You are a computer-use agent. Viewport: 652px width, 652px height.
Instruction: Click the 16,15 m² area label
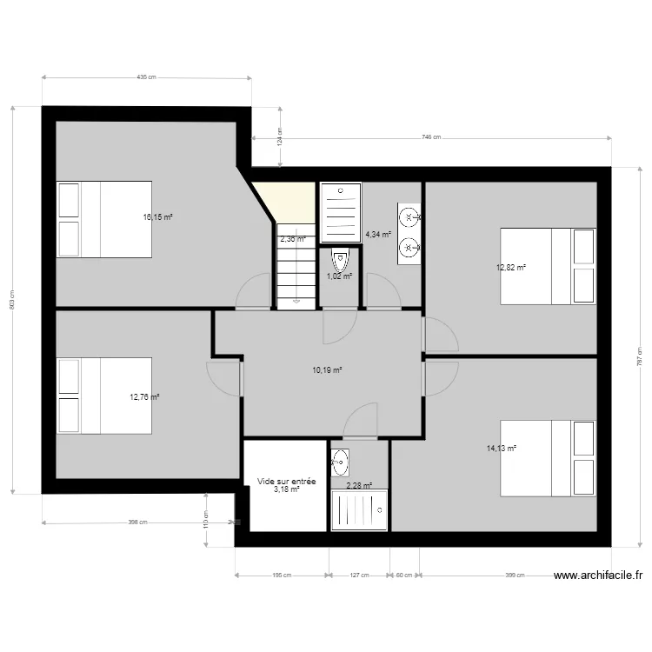pos(157,217)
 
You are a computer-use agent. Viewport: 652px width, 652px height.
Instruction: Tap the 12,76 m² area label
pos(144,397)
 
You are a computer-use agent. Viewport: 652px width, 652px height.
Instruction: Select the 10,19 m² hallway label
pos(327,369)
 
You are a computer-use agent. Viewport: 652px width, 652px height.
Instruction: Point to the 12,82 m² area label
pos(511,268)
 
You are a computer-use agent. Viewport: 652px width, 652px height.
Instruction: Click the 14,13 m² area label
pos(502,449)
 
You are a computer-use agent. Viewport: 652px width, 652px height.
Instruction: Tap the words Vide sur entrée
pos(286,481)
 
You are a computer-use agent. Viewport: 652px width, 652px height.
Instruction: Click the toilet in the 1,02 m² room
pos(339,260)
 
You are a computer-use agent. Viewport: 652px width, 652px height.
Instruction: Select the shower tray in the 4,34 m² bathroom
pos(340,213)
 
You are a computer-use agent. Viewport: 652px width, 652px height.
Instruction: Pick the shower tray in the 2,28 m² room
pos(359,509)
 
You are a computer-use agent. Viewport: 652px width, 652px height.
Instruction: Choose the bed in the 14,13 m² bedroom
pos(549,458)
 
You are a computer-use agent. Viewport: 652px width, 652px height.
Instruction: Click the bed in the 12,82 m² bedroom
pos(549,266)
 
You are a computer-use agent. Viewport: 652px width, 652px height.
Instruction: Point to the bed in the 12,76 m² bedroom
pos(104,396)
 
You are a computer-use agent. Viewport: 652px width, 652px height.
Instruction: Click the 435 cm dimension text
pos(146,77)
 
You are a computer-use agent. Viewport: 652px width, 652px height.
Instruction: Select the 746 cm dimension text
pos(431,137)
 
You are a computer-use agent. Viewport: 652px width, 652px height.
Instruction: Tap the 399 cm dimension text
pos(516,575)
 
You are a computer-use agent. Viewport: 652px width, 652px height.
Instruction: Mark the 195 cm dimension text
pos(282,575)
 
